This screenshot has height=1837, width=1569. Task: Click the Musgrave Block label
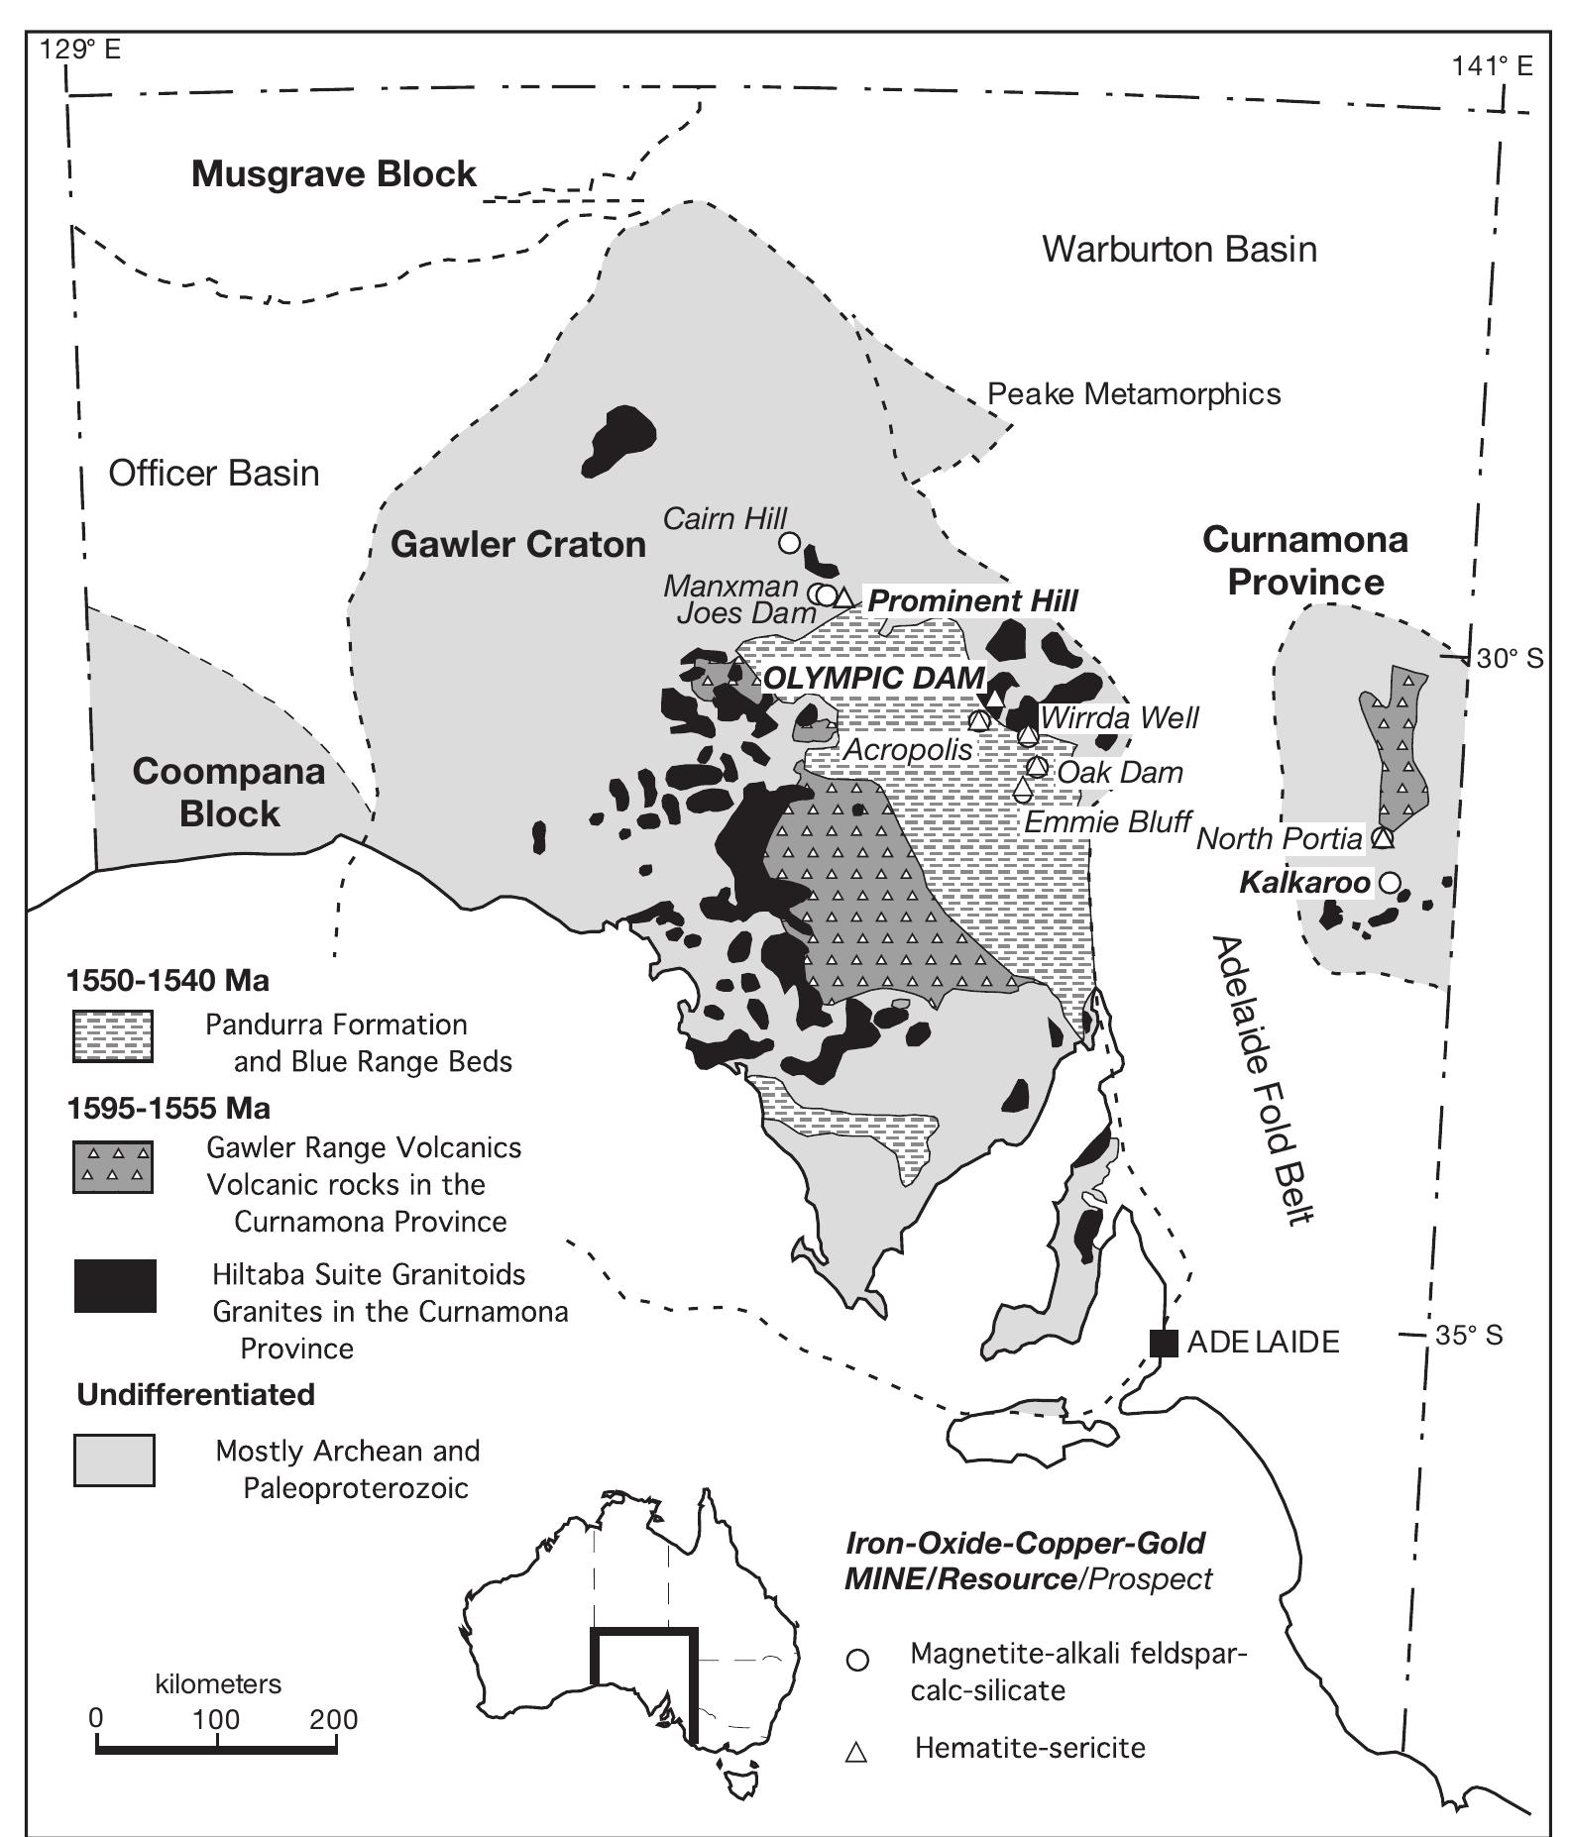click(334, 174)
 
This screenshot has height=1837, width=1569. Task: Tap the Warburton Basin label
click(1179, 249)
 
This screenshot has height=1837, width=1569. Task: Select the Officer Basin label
click(214, 474)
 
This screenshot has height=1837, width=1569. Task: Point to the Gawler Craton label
click(518, 544)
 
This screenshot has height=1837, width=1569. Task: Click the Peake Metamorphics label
click(1134, 394)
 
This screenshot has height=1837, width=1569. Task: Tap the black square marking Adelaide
click(1164, 1343)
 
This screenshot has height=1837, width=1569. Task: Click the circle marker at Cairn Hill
click(789, 542)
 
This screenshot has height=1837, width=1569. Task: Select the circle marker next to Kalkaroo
click(1390, 882)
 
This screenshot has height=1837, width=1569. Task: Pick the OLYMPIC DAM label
click(874, 678)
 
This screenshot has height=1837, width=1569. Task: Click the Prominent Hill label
click(972, 600)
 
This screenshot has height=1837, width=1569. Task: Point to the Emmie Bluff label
click(1107, 821)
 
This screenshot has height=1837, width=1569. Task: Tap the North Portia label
click(1280, 839)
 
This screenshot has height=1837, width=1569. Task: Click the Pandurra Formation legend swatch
click(113, 1036)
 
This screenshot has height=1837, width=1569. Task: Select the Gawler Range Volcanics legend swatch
click(113, 1166)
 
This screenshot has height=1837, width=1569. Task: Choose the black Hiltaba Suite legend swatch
click(115, 1285)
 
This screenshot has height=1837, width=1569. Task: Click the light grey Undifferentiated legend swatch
click(114, 1459)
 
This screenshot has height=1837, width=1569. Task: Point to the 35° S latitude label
click(1469, 1336)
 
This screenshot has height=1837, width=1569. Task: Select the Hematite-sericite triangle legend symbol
click(856, 1753)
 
